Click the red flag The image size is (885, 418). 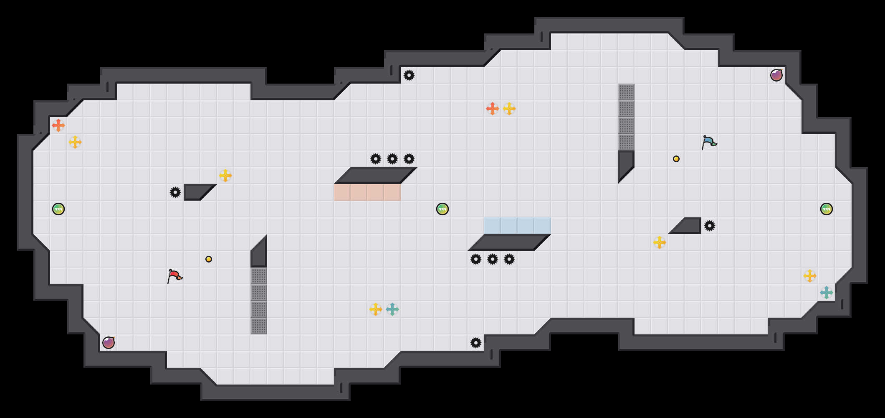tap(174, 276)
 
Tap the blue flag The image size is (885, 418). tap(709, 142)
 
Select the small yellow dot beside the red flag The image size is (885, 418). tap(209, 259)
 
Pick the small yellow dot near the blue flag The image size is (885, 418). tap(676, 159)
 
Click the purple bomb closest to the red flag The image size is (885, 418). tap(109, 343)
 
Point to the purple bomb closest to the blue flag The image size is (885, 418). tap(776, 75)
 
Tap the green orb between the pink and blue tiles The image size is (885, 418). tap(442, 209)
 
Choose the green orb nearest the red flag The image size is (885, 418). tap(58, 209)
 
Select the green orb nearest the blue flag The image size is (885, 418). tap(827, 209)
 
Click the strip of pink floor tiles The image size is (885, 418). tap(367, 192)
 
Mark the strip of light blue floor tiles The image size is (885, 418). tap(518, 226)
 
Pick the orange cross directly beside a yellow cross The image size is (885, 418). tap(493, 109)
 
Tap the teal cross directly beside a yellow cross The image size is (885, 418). tap(392, 309)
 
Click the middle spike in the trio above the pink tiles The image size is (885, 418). tap(392, 159)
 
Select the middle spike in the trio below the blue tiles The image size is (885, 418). tap(493, 259)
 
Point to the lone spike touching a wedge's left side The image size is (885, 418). tap(175, 192)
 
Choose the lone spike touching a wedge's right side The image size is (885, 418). tap(710, 226)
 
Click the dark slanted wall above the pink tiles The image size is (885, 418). tap(376, 176)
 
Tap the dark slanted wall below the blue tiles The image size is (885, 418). tap(509, 242)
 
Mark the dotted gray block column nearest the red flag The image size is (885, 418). tap(259, 301)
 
